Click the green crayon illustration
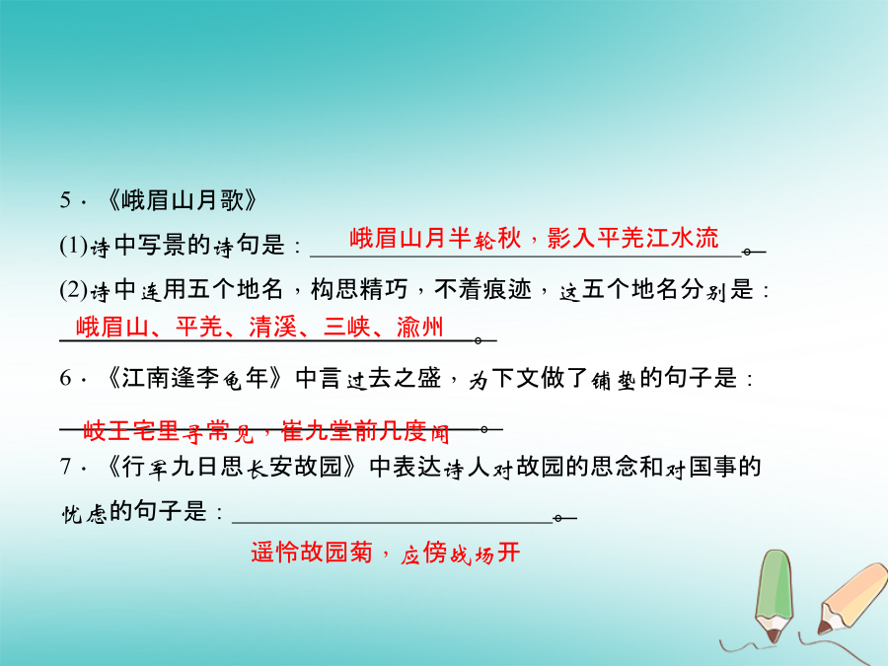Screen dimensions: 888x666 pos(775,595)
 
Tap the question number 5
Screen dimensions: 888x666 pos(66,200)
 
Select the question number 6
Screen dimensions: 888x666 pos(66,378)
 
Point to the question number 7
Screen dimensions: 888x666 pos(66,467)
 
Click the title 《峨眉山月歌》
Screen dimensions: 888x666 pos(183,200)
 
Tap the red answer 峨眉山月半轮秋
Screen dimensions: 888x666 pos(435,238)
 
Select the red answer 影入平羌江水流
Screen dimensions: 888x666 pos(632,238)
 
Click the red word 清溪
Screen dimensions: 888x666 pos(273,327)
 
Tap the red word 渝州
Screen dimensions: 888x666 pos(419,327)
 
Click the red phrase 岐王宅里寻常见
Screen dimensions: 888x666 pos(169,431)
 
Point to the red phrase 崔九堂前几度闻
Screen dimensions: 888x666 pos(365,431)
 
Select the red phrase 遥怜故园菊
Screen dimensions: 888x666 pos(312,553)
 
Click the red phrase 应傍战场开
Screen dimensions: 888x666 pos(460,553)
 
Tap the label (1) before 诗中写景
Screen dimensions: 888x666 pos(74,246)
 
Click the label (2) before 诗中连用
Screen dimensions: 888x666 pos(74,290)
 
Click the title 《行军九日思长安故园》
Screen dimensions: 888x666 pos(231,468)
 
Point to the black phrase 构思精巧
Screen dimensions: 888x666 pos(359,289)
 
